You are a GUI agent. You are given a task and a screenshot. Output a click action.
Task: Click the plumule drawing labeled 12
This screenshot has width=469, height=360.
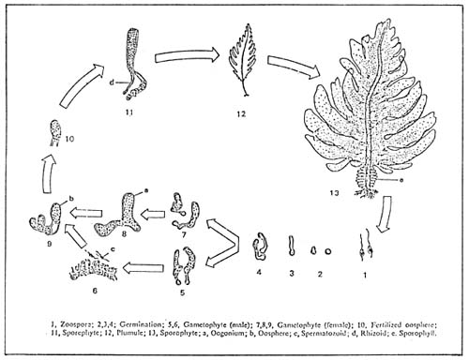246,70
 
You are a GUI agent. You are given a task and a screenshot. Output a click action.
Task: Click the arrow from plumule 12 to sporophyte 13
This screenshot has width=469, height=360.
289,68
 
